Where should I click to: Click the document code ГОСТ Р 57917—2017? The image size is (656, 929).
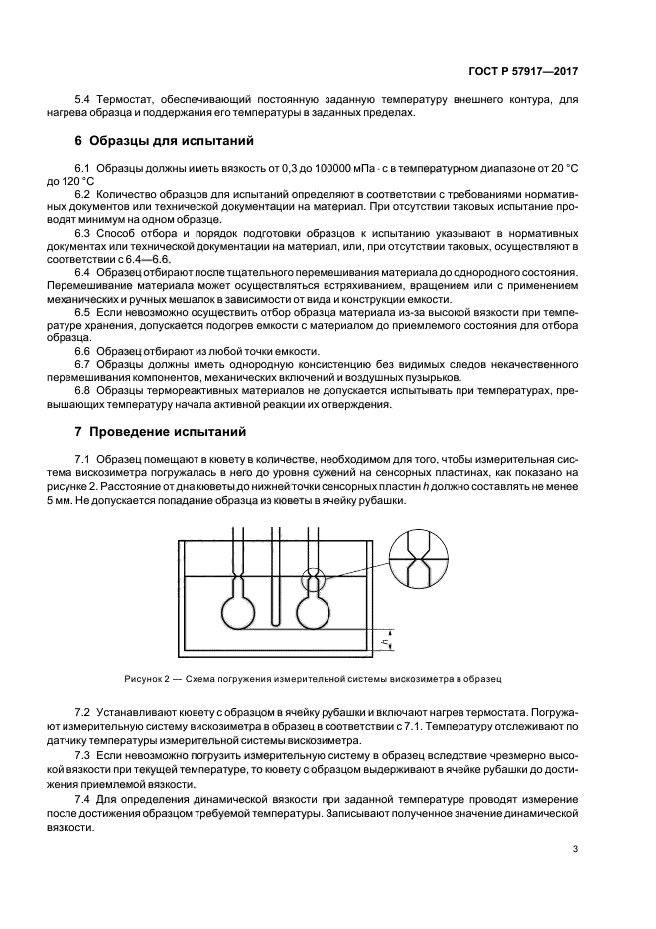(x=527, y=72)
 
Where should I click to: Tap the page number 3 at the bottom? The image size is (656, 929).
(x=576, y=849)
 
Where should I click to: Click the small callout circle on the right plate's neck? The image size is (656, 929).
(x=313, y=576)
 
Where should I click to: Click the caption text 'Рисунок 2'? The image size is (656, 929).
(x=149, y=679)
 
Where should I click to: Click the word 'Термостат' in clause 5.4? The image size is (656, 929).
(x=125, y=100)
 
